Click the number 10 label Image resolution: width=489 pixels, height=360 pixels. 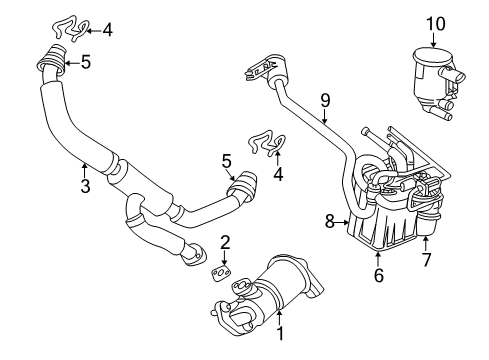tap(433, 23)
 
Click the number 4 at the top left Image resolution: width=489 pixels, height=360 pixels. tap(107, 30)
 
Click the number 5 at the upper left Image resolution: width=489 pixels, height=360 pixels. tap(85, 63)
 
